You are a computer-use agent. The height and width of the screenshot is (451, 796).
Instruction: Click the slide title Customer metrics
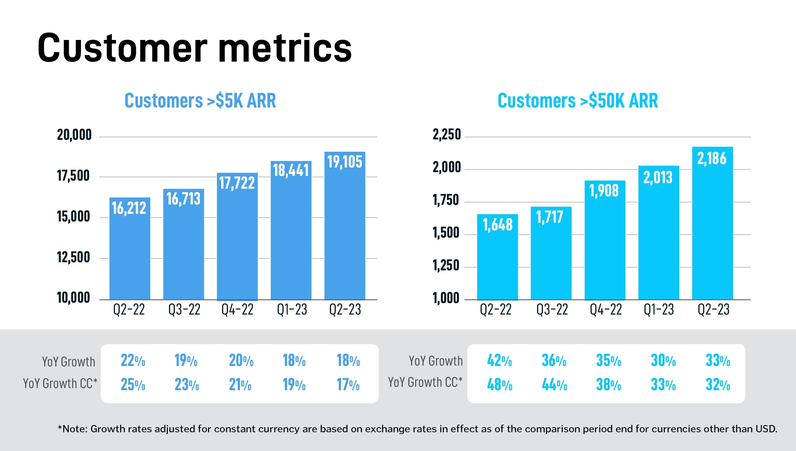click(x=194, y=48)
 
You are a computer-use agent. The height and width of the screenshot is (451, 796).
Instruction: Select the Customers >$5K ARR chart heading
click(x=200, y=101)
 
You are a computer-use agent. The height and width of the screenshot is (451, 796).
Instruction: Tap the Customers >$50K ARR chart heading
click(x=577, y=101)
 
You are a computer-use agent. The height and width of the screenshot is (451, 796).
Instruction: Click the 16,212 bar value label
click(x=129, y=208)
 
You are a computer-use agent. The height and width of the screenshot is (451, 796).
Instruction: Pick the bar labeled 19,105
click(x=345, y=230)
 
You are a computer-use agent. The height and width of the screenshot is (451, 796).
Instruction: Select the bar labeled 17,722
click(x=237, y=238)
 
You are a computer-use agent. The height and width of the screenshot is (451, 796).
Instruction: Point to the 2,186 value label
click(x=712, y=159)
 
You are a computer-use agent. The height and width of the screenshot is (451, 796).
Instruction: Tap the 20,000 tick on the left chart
click(x=74, y=135)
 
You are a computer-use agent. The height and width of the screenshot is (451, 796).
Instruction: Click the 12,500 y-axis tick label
click(x=73, y=258)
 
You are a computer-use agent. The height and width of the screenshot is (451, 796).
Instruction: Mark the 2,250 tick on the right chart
click(x=447, y=135)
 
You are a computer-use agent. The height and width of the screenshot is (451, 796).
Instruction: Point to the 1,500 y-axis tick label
click(x=446, y=233)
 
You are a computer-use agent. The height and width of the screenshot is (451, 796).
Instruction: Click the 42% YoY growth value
click(x=499, y=361)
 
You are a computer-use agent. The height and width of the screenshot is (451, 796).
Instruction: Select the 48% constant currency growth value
click(x=499, y=385)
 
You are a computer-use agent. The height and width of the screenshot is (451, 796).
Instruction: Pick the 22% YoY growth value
click(x=133, y=361)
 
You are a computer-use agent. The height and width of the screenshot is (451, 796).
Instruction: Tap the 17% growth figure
click(x=348, y=385)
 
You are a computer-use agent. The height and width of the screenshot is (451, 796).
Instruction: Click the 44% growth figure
click(x=554, y=385)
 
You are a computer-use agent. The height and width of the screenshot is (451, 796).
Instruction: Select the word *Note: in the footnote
click(x=73, y=429)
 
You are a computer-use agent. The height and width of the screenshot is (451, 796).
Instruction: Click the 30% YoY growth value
click(x=663, y=361)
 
